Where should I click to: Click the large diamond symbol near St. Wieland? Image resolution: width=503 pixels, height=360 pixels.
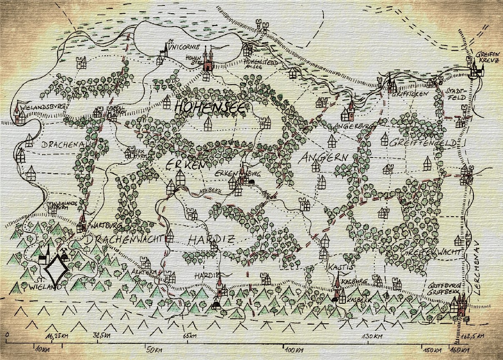coord(56,270)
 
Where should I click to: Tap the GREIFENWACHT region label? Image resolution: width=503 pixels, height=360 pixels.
coord(431,252)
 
